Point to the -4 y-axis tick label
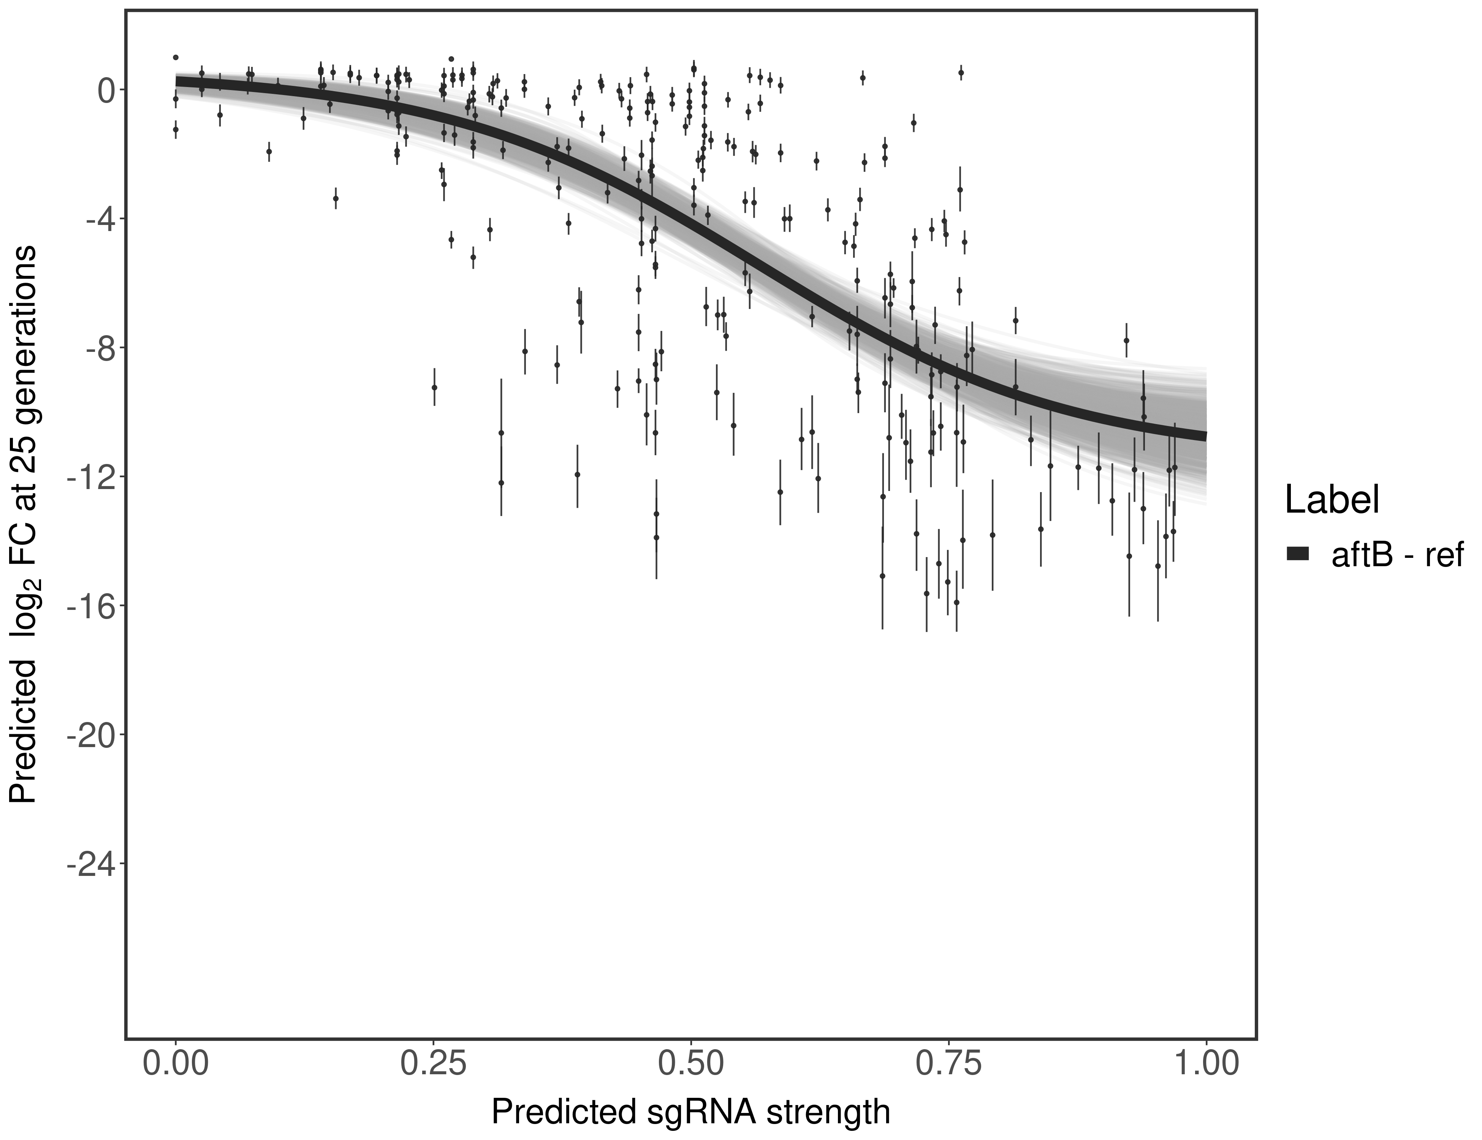pos(99,219)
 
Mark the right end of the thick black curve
pos(1205,435)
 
